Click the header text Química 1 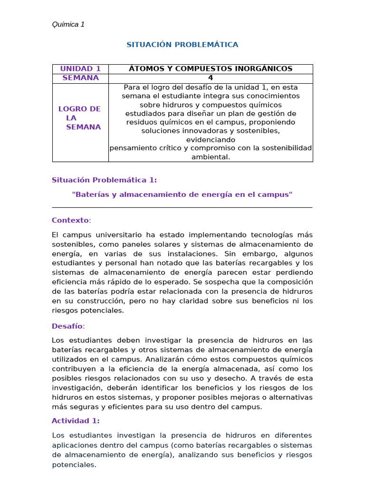(68, 24)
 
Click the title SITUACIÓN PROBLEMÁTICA (182, 45)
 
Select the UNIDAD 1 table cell (80, 69)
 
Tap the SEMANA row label (80, 78)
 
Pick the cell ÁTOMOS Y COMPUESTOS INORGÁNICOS (211, 69)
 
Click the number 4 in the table (211, 78)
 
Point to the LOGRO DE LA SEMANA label (80, 118)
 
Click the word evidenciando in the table (211, 140)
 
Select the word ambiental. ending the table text (211, 157)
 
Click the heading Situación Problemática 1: (104, 180)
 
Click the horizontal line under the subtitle (182, 207)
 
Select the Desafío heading (67, 326)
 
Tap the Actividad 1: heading (76, 421)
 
